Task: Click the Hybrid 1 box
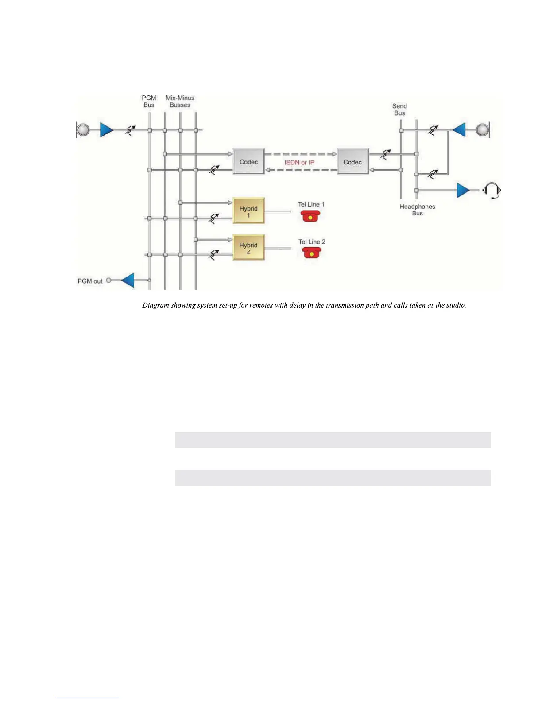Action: (x=248, y=211)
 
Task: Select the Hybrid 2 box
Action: (x=248, y=248)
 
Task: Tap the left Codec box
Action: (x=248, y=161)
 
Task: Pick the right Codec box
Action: (x=352, y=162)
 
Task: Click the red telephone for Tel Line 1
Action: (x=310, y=216)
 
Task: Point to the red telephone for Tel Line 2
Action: (x=312, y=253)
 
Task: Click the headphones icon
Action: (x=492, y=191)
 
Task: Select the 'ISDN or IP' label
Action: (x=299, y=162)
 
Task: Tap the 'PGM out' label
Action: (x=90, y=281)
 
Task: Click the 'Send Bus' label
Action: (x=399, y=109)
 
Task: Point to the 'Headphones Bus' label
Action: (x=417, y=210)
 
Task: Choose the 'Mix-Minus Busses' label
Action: (x=180, y=101)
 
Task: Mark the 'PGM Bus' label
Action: (x=149, y=101)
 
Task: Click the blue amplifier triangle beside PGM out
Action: (x=128, y=281)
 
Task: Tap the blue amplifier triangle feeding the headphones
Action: (x=463, y=191)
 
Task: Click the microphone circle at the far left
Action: (x=83, y=130)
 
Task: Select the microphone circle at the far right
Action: (x=482, y=130)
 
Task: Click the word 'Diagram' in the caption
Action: (x=155, y=305)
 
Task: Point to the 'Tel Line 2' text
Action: (x=312, y=242)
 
